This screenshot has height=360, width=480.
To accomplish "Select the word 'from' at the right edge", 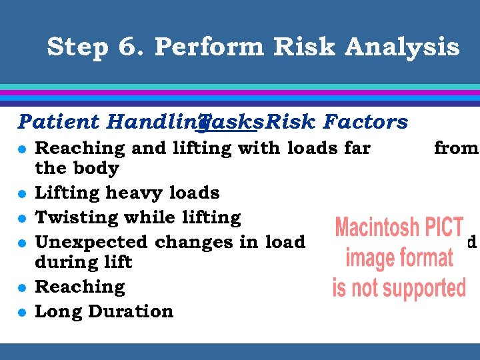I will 456,148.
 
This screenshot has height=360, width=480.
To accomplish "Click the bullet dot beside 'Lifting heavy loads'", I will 23,193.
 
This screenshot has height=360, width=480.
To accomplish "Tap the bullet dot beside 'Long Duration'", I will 23,312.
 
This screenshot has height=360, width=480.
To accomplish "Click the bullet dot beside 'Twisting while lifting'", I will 23,218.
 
